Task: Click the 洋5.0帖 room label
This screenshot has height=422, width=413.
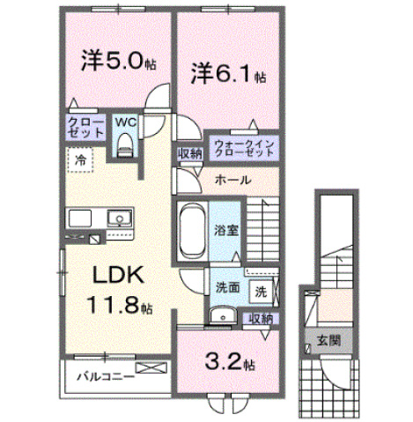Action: pos(118,61)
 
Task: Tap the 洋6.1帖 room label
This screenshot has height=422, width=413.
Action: pos(228,74)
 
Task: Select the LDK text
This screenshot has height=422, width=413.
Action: pos(118,274)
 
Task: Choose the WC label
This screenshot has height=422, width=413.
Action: pos(126,122)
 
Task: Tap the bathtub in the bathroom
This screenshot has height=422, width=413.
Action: pos(192,231)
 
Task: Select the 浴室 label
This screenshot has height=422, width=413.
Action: pos(225,230)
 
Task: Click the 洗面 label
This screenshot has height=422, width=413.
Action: pos(228,288)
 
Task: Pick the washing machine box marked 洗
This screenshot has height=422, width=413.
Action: pos(261,292)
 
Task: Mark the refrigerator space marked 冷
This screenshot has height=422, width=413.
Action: pos(80,159)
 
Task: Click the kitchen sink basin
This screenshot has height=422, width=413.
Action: pos(119,218)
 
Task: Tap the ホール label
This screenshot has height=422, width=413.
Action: pos(233,180)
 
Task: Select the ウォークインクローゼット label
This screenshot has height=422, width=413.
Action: pos(244,148)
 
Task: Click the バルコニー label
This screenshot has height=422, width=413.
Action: pos(106,377)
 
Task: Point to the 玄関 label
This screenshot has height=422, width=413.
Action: pos(328,340)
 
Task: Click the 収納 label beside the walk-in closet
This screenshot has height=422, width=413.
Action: pos(190,153)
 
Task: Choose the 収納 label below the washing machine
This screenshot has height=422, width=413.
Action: pos(261,319)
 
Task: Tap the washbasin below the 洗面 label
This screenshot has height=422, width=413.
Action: pos(223,316)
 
